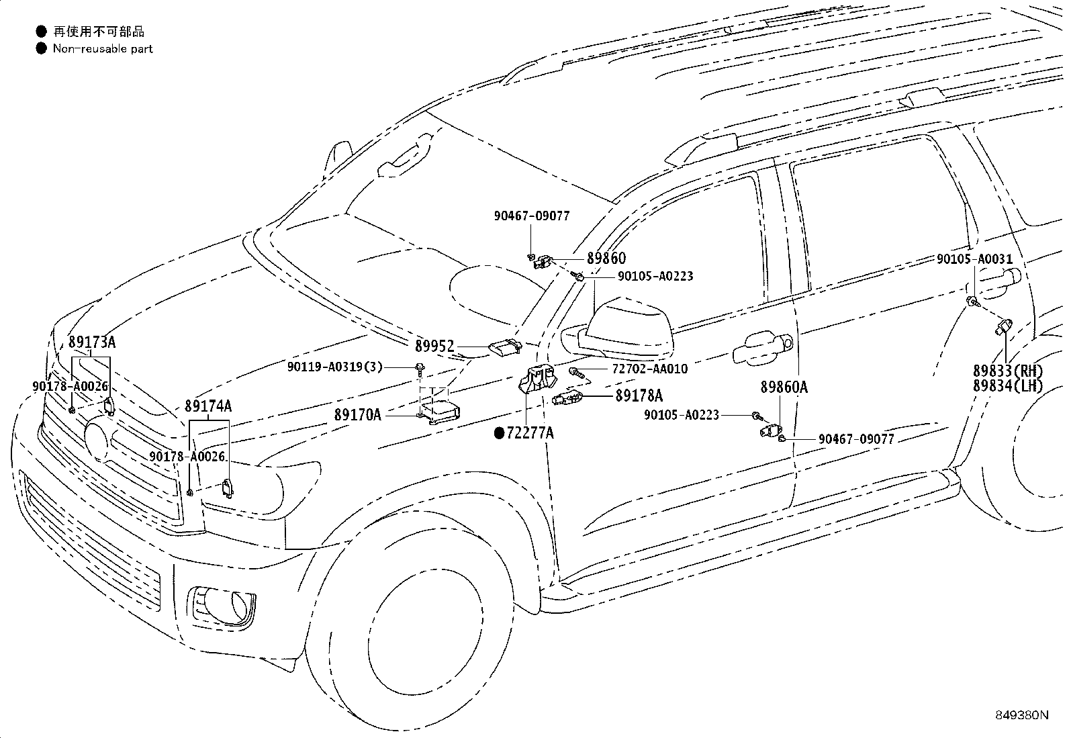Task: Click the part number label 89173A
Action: pos(91,342)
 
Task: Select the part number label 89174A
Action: pos(208,406)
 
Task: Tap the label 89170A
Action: pos(358,415)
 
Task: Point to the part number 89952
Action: pos(434,346)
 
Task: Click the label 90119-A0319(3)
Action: pos(335,367)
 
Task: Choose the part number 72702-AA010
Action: pos(650,369)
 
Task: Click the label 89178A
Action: pos(639,396)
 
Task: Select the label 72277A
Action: pos(530,433)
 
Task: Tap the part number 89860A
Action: pos(784,387)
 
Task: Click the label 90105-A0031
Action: pos(974,259)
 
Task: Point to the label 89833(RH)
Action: pos(1008,371)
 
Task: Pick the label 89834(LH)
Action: pos(1008,385)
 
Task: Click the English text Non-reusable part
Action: pos(103,49)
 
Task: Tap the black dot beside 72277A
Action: pos(499,433)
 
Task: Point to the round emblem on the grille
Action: pos(97,439)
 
